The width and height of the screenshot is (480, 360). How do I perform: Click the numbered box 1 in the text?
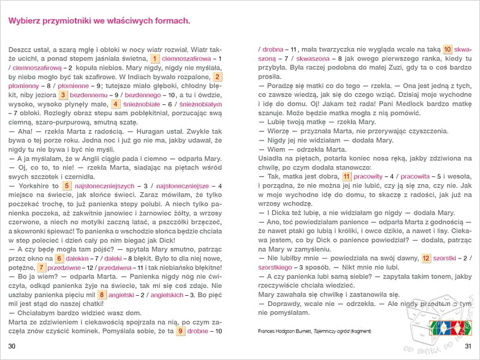click(154, 58)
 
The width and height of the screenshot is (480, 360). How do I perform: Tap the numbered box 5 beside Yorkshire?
click(67, 186)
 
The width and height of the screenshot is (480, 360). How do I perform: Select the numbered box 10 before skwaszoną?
click(448, 49)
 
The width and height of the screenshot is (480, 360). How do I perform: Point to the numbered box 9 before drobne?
click(180, 331)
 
